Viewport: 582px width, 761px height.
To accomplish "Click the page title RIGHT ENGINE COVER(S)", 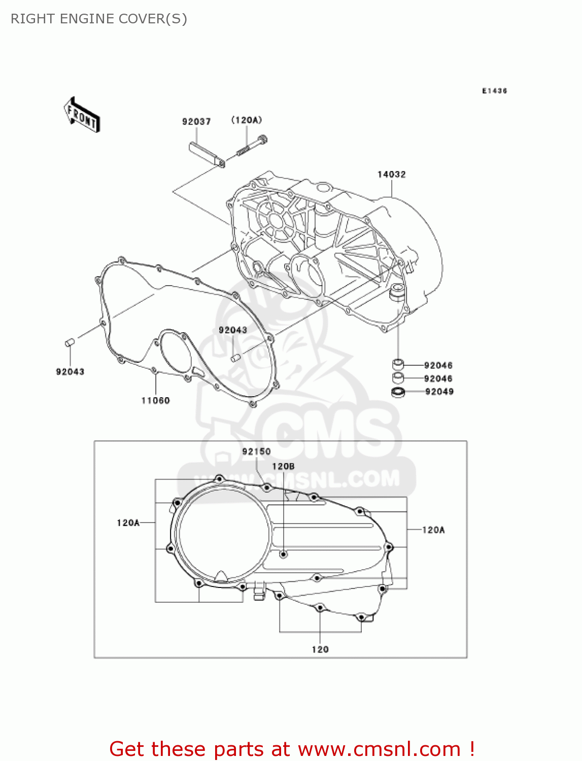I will (x=99, y=19).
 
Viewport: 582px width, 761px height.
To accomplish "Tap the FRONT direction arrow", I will (x=82, y=116).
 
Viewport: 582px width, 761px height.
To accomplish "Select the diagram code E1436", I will (x=494, y=91).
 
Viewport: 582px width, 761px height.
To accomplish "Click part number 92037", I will (x=196, y=122).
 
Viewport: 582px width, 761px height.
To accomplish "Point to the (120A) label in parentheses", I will (x=247, y=120).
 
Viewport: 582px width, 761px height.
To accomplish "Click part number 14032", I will (x=391, y=175).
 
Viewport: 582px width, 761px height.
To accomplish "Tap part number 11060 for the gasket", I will (x=155, y=401).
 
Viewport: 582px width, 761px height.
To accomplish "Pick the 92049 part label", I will (x=439, y=392).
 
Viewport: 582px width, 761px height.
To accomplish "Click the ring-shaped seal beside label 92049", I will (x=398, y=392).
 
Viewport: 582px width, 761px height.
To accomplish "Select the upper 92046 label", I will (x=438, y=365).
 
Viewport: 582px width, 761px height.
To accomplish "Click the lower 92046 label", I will (x=438, y=378).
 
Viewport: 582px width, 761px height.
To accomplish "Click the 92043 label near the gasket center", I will (x=233, y=330).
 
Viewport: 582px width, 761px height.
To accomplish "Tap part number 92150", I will (x=256, y=452).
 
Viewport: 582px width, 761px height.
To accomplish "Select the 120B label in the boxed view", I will (x=283, y=466).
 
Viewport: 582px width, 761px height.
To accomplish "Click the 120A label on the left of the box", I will (x=128, y=523).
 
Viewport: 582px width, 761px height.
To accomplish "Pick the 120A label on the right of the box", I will (x=433, y=530).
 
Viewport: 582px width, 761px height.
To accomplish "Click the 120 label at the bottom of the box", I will (x=320, y=649).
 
